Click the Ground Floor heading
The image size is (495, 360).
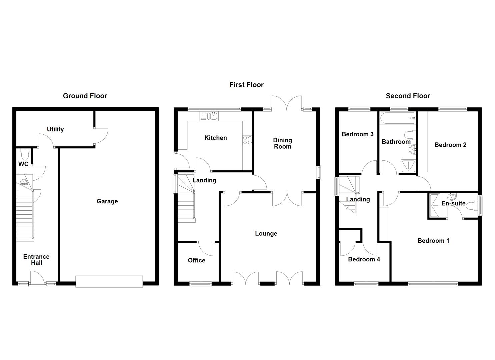[85, 96]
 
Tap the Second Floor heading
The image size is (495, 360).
[408, 96]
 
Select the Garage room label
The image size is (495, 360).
[107, 201]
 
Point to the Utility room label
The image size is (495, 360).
[55, 129]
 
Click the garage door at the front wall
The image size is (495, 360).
[109, 281]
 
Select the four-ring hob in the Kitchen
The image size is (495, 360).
[247, 140]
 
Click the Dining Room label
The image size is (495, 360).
[282, 143]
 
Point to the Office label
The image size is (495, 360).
[196, 260]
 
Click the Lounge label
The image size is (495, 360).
[266, 234]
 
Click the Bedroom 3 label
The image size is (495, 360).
[357, 134]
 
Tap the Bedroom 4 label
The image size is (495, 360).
[364, 259]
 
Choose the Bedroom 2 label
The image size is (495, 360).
[450, 145]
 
